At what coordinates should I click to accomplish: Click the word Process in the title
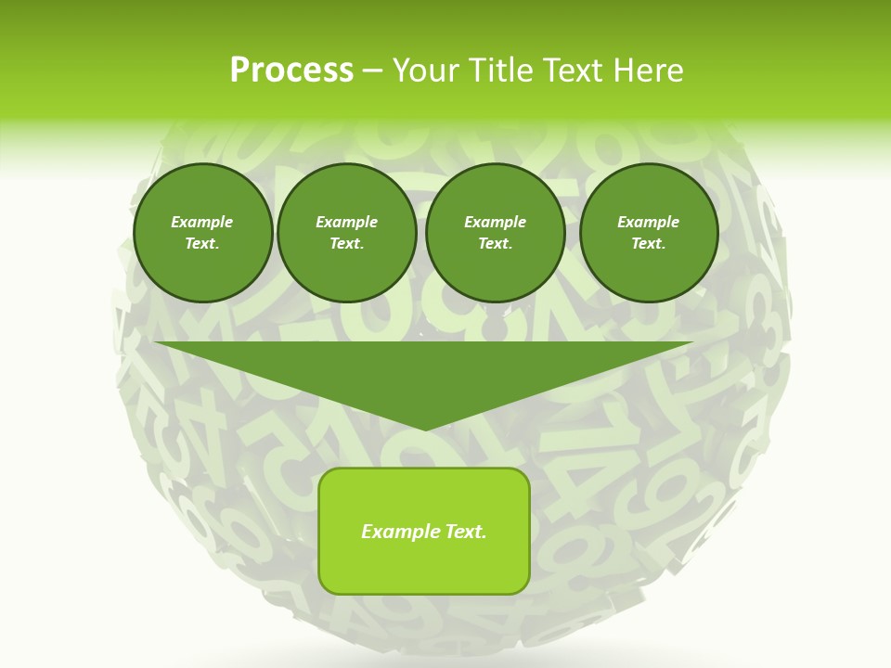point(291,71)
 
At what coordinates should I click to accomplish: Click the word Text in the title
point(576,71)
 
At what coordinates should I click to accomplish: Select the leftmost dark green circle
point(203,233)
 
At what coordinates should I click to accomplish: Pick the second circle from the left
point(347,233)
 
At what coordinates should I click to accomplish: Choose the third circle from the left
point(496,233)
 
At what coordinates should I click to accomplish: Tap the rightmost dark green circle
point(649,233)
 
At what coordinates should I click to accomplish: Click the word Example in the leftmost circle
point(202,222)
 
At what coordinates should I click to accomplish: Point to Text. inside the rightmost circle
point(648,244)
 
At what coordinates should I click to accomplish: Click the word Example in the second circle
point(347,222)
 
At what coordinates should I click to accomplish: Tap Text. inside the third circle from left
point(495,244)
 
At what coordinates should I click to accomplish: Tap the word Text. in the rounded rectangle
point(465,532)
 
